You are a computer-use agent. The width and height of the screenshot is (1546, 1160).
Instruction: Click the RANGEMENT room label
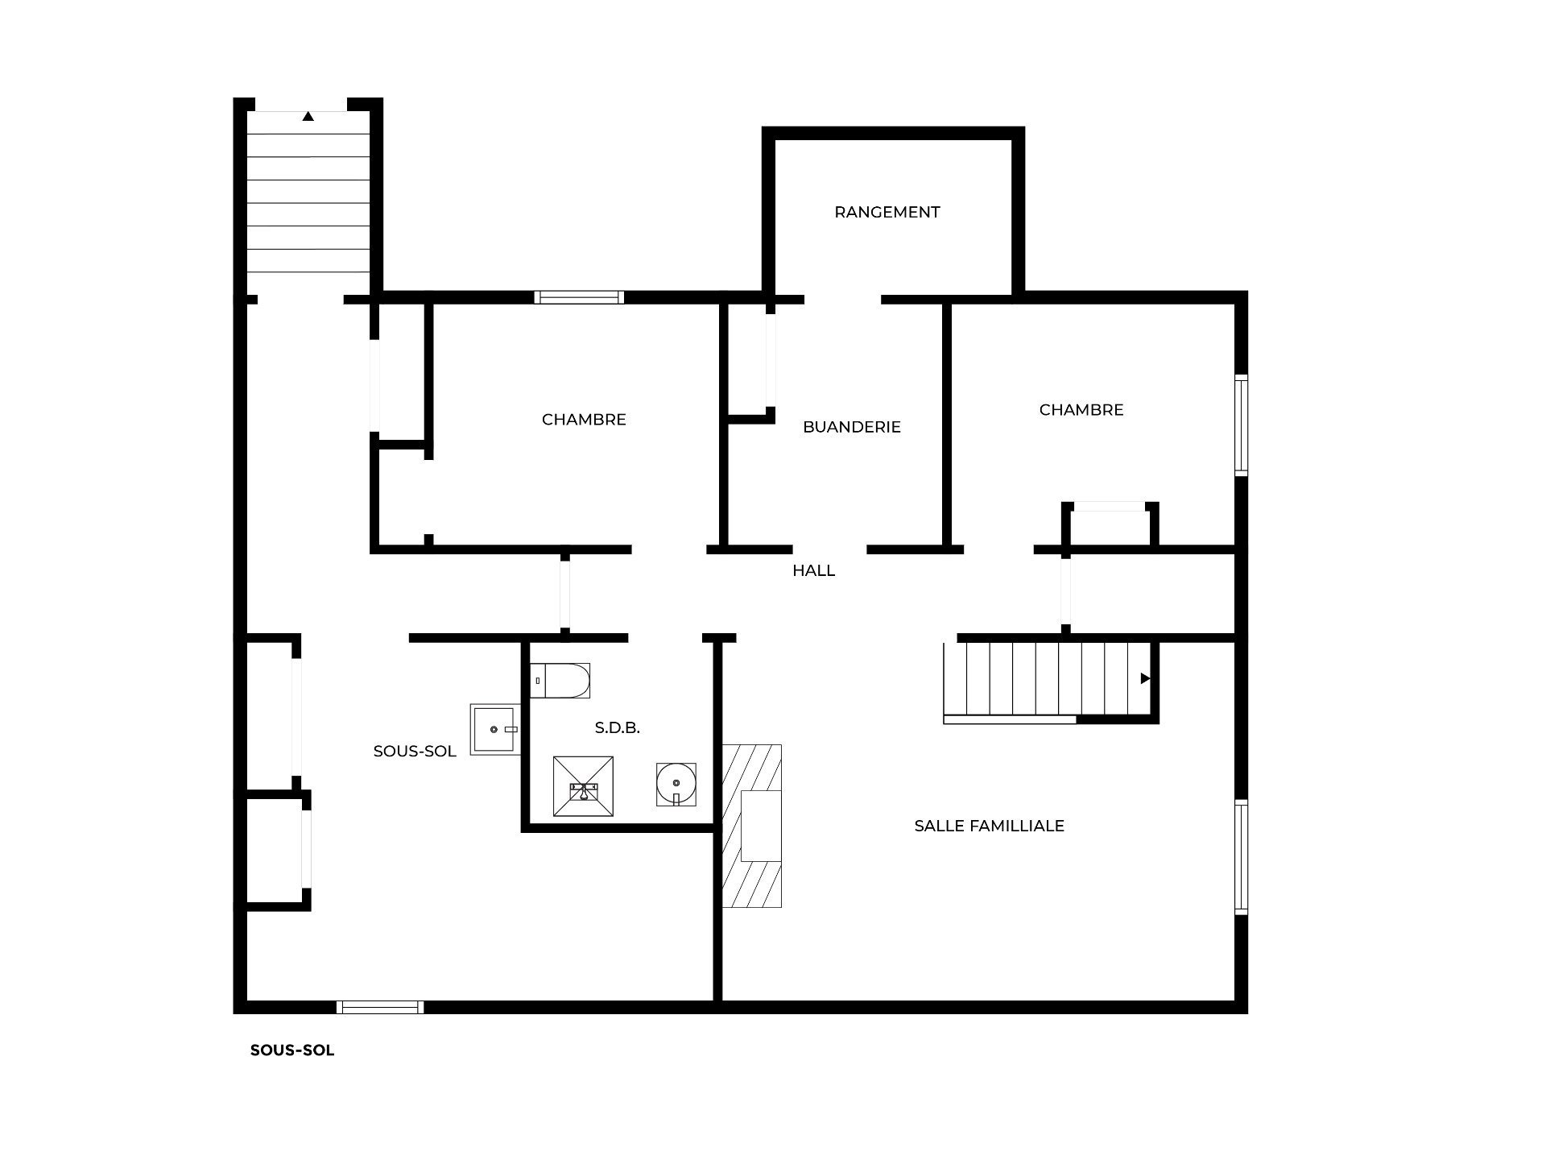[x=887, y=212]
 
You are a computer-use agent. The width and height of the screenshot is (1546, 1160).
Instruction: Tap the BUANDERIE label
[x=852, y=427]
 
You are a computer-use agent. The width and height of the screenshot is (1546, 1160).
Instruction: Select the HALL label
[x=813, y=570]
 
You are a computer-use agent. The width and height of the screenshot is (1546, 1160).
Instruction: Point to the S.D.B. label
[x=618, y=727]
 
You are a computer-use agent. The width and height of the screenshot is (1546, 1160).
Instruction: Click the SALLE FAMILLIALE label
[x=990, y=826]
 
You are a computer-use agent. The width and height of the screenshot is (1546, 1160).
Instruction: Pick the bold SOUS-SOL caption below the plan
[x=292, y=1050]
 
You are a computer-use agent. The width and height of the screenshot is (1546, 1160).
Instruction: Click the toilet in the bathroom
[x=560, y=681]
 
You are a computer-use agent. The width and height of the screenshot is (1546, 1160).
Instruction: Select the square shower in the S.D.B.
[x=583, y=786]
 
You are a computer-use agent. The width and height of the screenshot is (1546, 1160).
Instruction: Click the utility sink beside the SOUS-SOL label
[x=495, y=729]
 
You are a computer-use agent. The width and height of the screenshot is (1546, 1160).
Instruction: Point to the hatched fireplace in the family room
[x=752, y=826]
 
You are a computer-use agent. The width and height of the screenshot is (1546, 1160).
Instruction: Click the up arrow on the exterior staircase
[x=308, y=116]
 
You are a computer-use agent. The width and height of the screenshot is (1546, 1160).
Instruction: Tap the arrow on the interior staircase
[x=1145, y=679]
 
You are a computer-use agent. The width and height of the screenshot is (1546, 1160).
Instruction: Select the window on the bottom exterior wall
[x=380, y=1007]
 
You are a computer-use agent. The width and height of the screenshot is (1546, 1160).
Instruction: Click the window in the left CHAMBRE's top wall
[x=579, y=297]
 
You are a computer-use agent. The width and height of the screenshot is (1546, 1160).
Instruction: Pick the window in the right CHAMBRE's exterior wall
[x=1242, y=425]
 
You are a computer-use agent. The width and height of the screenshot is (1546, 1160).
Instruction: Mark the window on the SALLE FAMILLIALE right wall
[x=1242, y=857]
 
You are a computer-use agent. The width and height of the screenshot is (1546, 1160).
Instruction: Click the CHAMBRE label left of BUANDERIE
[x=584, y=420]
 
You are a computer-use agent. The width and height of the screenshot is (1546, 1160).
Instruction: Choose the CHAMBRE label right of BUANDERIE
[x=1081, y=410]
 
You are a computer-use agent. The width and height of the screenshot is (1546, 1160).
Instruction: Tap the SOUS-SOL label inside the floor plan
[x=415, y=752]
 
